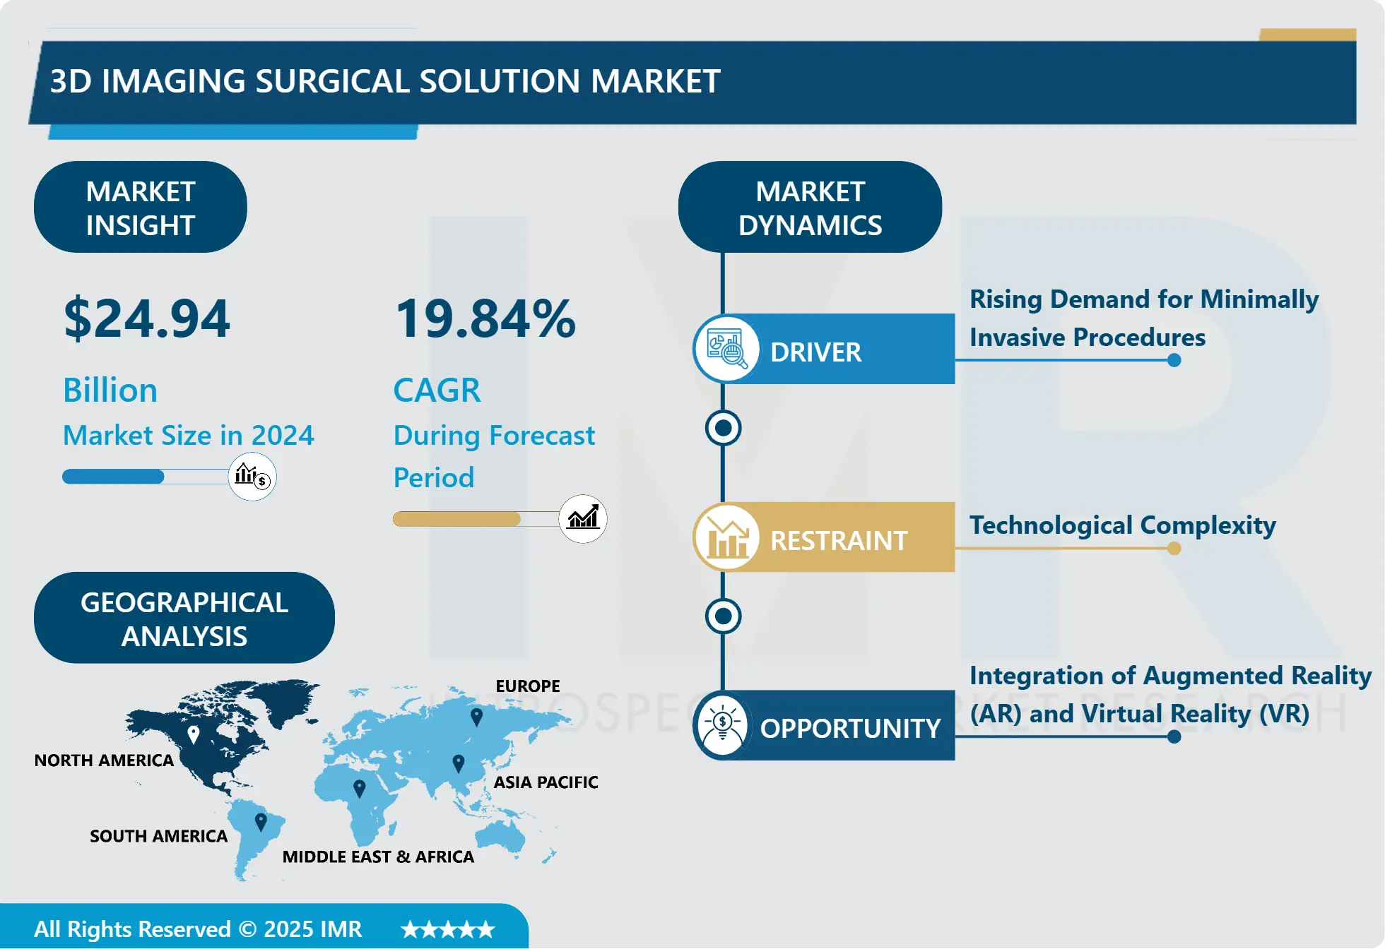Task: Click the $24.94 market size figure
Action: coord(147,318)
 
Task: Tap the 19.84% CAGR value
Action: coord(485,318)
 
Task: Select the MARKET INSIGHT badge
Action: coord(141,208)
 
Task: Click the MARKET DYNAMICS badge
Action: coord(810,208)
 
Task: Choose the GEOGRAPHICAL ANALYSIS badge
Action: coord(184,619)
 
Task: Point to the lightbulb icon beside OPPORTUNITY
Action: coord(723,726)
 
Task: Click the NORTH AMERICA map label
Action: coord(104,760)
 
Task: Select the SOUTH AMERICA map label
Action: coord(158,836)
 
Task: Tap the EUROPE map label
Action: coord(528,686)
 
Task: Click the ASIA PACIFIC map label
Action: coord(546,782)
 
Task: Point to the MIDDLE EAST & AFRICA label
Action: coord(378,857)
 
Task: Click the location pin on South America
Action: coord(261,822)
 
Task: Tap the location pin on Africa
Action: coord(360,788)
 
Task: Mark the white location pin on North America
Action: coord(194,735)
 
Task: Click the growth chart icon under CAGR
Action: coord(583,519)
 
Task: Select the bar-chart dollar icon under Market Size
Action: coord(252,477)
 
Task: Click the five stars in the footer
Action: coord(448,929)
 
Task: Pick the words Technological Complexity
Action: coord(1122,525)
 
